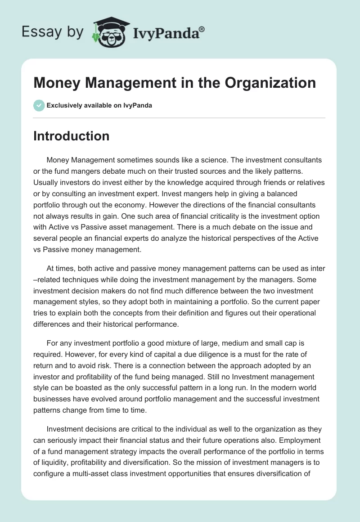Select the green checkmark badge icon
click(39, 105)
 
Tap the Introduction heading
click(71, 136)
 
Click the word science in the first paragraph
click(209, 160)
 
